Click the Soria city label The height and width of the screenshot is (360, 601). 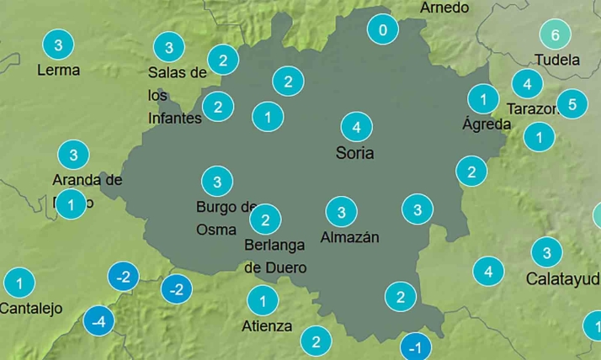tap(354, 153)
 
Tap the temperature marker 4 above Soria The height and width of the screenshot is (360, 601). tap(357, 127)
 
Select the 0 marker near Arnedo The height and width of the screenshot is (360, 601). tap(383, 31)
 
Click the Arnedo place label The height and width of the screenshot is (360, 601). tap(444, 7)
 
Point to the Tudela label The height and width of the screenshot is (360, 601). tap(557, 60)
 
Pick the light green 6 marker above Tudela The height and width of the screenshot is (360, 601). tap(555, 34)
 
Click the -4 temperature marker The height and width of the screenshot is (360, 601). tap(99, 321)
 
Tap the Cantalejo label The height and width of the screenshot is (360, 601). tap(31, 308)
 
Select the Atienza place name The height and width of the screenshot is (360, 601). tap(267, 326)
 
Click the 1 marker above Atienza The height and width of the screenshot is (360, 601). tap(263, 300)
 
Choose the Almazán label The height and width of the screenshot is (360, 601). tap(350, 237)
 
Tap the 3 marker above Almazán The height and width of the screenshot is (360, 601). tap(341, 212)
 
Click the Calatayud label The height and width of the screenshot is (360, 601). tap(563, 278)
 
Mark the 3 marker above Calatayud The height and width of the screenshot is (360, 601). tap(547, 252)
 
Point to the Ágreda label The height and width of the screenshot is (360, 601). tap(487, 124)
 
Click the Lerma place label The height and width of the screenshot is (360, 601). tap(59, 70)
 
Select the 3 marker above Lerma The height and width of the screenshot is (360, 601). tap(57, 45)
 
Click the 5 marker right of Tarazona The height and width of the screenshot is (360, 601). tap(572, 104)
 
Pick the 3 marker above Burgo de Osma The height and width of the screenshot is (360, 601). tap(217, 181)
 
